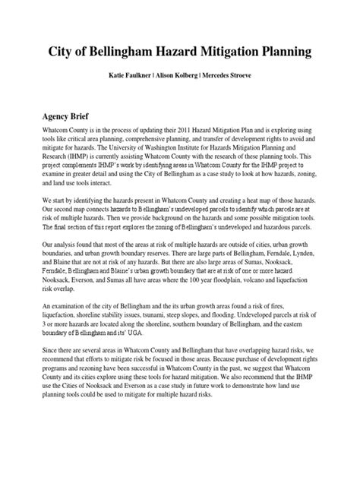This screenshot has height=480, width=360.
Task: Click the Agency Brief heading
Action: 66,117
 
